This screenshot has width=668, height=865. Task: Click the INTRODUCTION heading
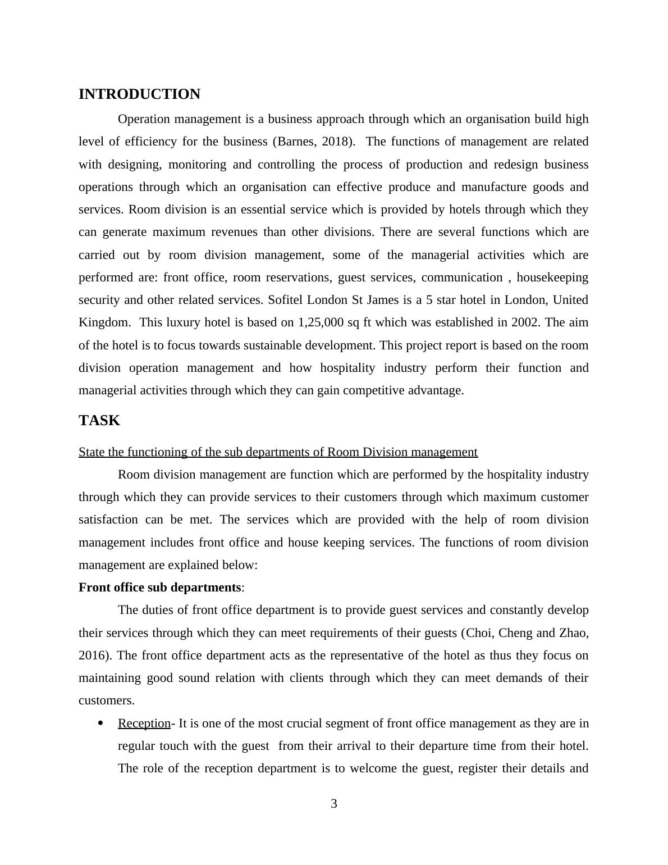tap(139, 94)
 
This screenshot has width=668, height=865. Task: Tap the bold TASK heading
tap(99, 421)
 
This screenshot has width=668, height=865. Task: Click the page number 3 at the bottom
tap(334, 804)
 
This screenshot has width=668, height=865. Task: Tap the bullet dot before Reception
tap(101, 723)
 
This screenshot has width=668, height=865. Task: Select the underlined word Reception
tap(144, 723)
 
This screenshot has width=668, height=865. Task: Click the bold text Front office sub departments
tap(160, 588)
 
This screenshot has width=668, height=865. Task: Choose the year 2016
tap(93, 655)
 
